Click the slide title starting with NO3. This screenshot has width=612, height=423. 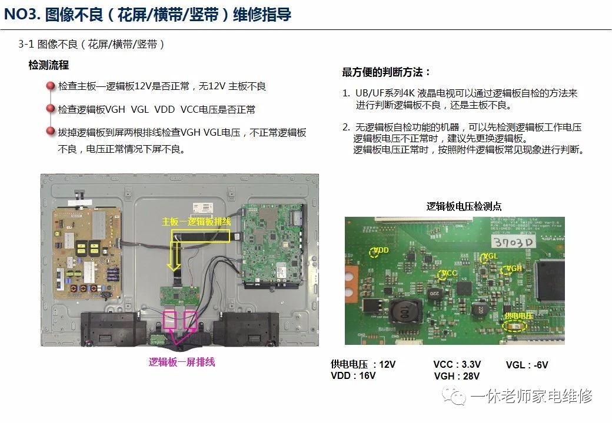coord(147,14)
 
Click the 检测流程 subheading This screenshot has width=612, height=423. coord(49,65)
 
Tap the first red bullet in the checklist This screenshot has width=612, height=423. coord(51,86)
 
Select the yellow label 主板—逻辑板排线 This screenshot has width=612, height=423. coord(197,222)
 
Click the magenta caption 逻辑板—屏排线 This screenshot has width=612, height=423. coord(182,362)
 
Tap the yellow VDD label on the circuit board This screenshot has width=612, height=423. coord(381,250)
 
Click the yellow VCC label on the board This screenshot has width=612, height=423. coord(449,273)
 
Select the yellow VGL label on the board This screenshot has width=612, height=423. coord(490,257)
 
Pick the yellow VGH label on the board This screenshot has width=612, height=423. coord(514,268)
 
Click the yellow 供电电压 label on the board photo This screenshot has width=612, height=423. coord(518,316)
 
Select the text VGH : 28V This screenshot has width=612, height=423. coord(457,376)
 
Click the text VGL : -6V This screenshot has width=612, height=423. coord(527,365)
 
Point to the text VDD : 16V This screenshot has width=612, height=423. coord(353,376)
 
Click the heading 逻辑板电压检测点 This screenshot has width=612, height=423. coord(464,206)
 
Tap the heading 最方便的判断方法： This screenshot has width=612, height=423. coord(387,72)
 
